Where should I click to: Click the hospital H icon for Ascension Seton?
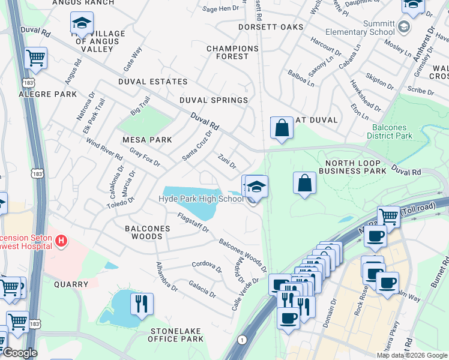click(x=60, y=241)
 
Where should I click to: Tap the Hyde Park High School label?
click(x=201, y=199)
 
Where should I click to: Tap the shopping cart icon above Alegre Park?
click(x=36, y=58)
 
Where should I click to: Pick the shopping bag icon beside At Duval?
click(x=282, y=127)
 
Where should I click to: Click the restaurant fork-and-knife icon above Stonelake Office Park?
click(x=142, y=304)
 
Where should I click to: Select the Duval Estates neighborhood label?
click(x=152, y=82)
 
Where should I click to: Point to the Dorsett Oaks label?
click(x=271, y=28)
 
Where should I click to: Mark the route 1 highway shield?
click(x=242, y=340)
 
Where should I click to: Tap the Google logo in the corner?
click(x=20, y=353)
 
